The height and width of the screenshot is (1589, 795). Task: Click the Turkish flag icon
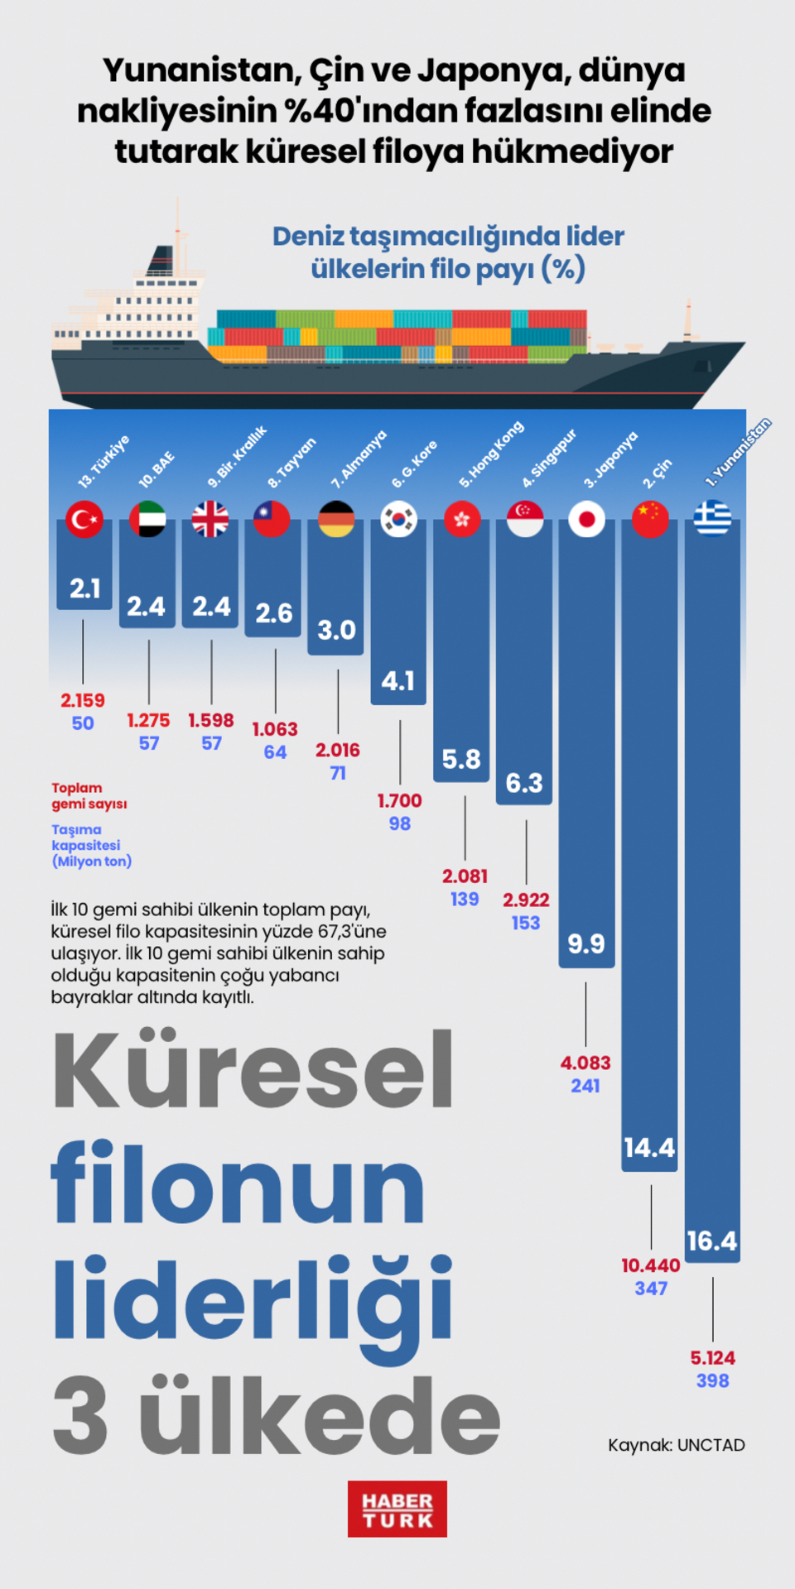[84, 520]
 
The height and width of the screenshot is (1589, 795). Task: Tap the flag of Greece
[712, 519]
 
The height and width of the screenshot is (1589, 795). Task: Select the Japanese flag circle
[586, 520]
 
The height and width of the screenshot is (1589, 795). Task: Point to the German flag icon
[336, 520]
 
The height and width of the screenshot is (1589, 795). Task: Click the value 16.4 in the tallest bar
[712, 1241]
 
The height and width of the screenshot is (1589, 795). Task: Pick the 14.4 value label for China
[649, 1148]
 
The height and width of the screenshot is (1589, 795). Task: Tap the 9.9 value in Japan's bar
[586, 943]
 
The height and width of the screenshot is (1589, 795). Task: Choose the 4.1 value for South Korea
[398, 681]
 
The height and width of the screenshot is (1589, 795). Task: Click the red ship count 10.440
[651, 1265]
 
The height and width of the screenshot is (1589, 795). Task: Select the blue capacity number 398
[712, 1380]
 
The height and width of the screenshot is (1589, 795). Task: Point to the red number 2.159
[83, 700]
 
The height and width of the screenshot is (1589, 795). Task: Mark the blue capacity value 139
[465, 899]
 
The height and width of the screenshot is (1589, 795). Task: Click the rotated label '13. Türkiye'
[104, 461]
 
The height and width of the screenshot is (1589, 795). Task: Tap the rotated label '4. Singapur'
[549, 458]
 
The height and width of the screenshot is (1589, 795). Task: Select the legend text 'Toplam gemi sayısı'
[89, 795]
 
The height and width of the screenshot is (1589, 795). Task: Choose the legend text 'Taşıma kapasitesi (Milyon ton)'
[91, 845]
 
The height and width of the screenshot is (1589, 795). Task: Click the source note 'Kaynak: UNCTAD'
[676, 1445]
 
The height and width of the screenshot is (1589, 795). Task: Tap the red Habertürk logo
[397, 1509]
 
